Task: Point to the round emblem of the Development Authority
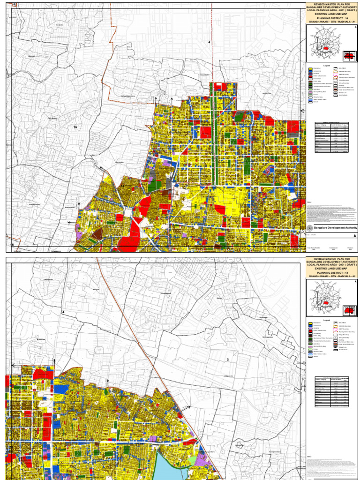click(x=310, y=227)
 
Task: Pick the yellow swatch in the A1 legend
click(x=310, y=68)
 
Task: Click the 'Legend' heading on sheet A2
click(x=326, y=320)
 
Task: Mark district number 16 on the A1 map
click(x=75, y=127)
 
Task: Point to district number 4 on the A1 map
click(x=209, y=43)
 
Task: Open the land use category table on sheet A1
click(x=332, y=138)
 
